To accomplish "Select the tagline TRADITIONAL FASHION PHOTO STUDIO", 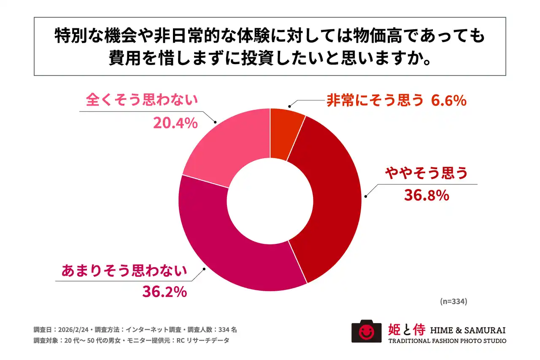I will (x=447, y=341).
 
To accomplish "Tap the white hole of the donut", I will (x=270, y=200).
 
